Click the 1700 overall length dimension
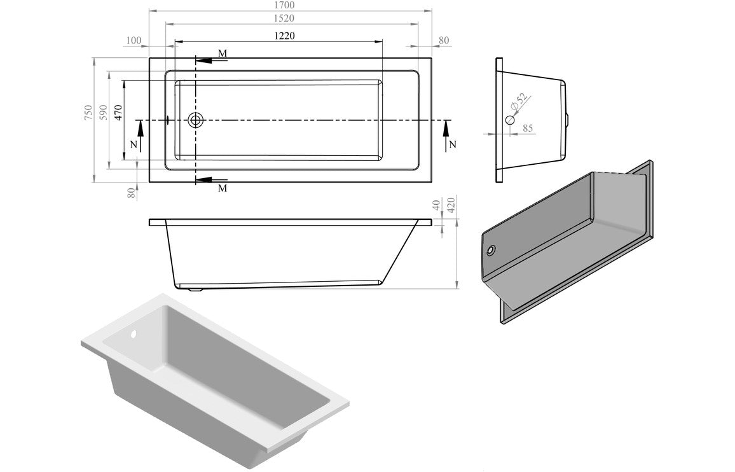click(x=290, y=5)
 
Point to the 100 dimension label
click(x=134, y=41)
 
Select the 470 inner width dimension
click(x=118, y=112)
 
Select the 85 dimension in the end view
click(x=528, y=128)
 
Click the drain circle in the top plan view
click(x=196, y=120)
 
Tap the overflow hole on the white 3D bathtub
click(x=134, y=333)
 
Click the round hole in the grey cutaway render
click(x=491, y=251)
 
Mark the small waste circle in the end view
click(x=509, y=120)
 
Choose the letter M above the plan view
click(x=223, y=52)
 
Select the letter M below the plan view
click(x=223, y=189)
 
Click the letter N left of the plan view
click(x=133, y=144)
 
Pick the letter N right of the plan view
click(x=452, y=144)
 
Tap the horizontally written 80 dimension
click(x=444, y=41)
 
